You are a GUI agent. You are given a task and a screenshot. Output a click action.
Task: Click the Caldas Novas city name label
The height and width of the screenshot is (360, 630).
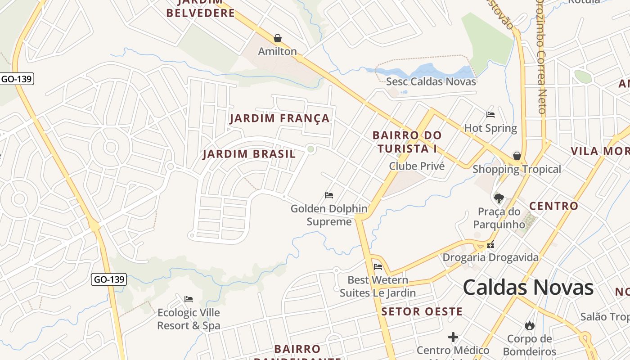(528, 288)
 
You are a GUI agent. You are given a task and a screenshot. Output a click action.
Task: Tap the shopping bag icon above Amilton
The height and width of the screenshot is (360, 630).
(278, 38)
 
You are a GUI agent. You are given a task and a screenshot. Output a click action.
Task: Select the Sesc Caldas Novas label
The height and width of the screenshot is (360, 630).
(431, 81)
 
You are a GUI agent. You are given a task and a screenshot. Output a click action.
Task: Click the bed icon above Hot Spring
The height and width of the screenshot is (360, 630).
(490, 115)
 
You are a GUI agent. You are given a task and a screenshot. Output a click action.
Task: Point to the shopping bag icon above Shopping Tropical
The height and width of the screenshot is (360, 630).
(517, 156)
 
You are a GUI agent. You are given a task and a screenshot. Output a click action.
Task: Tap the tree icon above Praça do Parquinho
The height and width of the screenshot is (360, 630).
(499, 198)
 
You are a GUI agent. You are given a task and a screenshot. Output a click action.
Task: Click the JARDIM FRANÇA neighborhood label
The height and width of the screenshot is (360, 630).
(279, 118)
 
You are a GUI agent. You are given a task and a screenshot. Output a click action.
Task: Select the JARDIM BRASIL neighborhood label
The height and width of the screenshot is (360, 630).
(249, 154)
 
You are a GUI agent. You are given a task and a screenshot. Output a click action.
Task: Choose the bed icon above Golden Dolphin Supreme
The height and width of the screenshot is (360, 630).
(329, 195)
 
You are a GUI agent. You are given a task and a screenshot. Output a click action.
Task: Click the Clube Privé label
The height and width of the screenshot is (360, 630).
(417, 166)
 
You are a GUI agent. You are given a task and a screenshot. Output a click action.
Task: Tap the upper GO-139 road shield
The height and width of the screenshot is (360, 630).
(17, 79)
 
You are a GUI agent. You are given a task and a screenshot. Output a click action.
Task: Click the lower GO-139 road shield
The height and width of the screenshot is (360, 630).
(109, 279)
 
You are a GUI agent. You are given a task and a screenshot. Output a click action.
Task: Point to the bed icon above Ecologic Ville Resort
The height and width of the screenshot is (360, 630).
(189, 299)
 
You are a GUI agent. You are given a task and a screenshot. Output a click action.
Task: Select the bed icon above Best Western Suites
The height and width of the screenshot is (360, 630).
(378, 267)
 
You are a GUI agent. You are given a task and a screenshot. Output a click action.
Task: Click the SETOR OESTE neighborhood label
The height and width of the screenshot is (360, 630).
(422, 311)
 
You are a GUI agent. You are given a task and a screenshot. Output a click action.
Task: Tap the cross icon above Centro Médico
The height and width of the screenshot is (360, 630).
(453, 337)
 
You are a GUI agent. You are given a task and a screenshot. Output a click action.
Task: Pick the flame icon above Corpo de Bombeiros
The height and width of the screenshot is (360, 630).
(529, 325)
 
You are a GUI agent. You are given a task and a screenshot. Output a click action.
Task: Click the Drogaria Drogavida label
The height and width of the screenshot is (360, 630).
(490, 257)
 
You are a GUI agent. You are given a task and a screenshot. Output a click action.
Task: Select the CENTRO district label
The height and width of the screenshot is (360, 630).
(553, 206)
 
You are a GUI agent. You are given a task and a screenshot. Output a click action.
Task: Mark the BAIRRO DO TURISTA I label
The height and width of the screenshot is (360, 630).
(407, 142)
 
